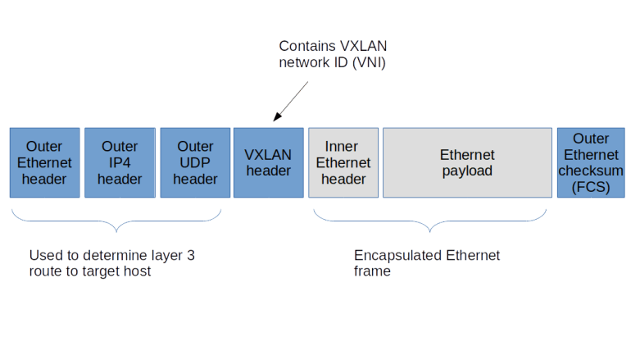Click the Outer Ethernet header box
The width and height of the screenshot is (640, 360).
coord(44,162)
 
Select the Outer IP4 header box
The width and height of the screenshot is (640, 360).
coord(120,162)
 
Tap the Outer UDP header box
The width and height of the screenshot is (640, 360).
coord(195,162)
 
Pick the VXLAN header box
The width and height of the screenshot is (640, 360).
coord(269,162)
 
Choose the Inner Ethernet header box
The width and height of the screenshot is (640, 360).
coord(343,162)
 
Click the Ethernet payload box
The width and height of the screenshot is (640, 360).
coord(467,162)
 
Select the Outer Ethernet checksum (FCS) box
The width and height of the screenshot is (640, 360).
coord(591,162)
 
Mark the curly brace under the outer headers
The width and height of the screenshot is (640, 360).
coord(117,221)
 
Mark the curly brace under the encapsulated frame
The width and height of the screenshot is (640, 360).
coord(430,221)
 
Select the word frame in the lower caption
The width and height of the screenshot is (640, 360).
coord(371,271)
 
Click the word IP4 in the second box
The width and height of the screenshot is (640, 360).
coord(120,162)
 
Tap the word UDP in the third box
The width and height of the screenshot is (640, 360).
coord(195,162)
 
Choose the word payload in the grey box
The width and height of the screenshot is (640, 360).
coord(467,171)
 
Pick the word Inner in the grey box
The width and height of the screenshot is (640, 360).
coord(343,147)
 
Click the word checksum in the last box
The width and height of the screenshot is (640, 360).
coord(591,171)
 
